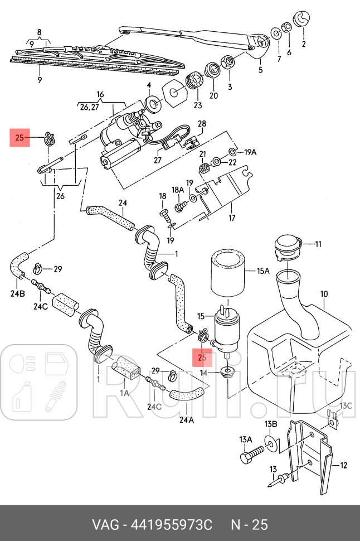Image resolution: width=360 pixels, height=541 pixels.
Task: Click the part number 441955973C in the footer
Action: [171, 525]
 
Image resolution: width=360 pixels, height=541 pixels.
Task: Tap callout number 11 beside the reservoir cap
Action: [318, 244]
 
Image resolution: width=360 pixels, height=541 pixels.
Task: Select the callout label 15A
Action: [262, 272]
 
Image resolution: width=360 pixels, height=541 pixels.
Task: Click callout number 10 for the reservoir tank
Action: [324, 294]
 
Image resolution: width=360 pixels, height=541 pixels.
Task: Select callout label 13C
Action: [347, 405]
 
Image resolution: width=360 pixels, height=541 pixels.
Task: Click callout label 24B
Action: [18, 294]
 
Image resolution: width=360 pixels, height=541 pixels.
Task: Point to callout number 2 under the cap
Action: [304, 44]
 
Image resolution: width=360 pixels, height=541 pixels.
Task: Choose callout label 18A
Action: [178, 190]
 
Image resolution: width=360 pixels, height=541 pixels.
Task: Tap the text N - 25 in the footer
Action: [250, 525]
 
